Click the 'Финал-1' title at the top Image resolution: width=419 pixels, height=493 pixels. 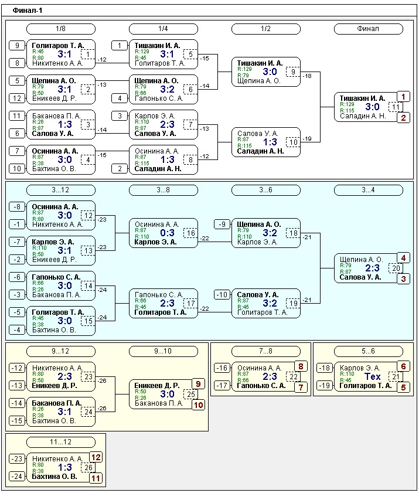(28, 11)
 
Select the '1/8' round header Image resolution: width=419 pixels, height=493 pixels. (60, 29)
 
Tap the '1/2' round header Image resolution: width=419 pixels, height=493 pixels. (265, 29)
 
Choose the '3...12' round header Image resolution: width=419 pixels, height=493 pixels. (60, 190)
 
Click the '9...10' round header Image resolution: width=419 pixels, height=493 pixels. (163, 351)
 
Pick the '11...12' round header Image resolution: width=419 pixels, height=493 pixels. (60, 442)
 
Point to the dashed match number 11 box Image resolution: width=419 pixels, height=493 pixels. (396, 107)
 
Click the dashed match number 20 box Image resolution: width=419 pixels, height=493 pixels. (396, 268)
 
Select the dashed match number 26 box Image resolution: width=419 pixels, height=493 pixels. (88, 467)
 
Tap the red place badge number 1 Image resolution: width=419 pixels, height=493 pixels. (403, 97)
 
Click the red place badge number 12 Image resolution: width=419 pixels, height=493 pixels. (96, 457)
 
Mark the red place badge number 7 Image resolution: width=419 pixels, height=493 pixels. (301, 387)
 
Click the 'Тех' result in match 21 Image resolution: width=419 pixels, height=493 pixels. (373, 376)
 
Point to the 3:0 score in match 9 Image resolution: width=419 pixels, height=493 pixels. (270, 72)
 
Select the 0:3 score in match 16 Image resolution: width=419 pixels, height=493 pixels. (168, 233)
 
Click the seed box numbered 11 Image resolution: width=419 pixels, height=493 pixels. (17, 116)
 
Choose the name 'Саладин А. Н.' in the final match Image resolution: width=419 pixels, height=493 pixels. (362, 116)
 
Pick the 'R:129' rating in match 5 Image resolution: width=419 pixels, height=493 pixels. (141, 52)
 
